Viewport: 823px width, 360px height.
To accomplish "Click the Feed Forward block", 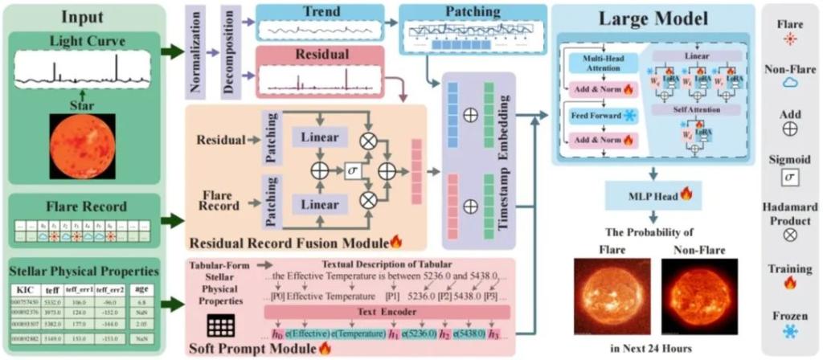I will click(594, 116).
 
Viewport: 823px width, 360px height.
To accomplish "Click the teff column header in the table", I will click(53, 288).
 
